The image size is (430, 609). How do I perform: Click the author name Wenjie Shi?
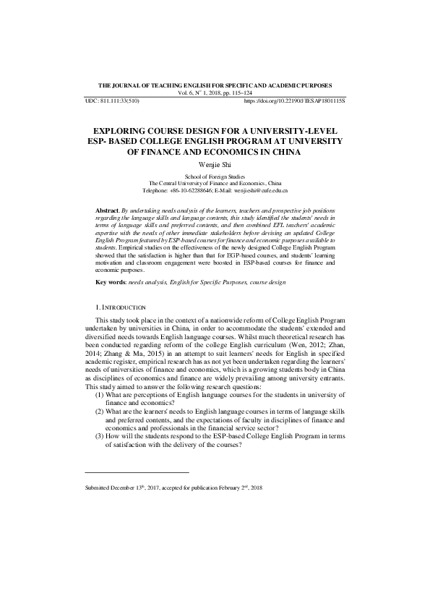click(215, 165)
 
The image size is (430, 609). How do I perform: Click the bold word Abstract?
click(108, 210)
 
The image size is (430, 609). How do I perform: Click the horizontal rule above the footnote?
click(137, 472)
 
